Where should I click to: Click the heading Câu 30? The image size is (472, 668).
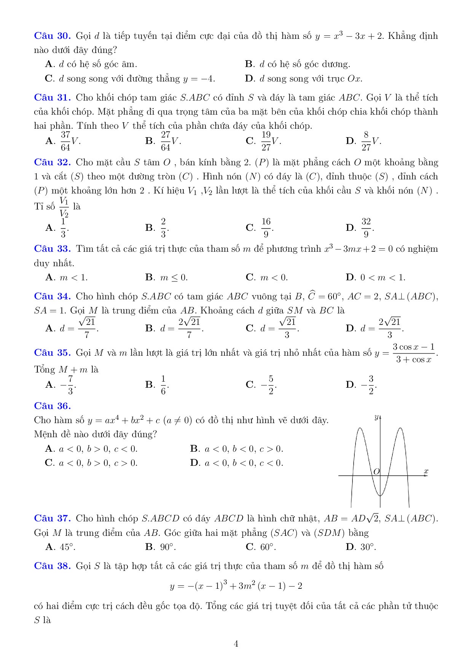[x=52, y=36]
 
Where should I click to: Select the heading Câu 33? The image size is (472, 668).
[x=52, y=249]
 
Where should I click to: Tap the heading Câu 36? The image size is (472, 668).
[x=52, y=406]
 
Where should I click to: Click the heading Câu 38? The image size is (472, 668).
[x=52, y=566]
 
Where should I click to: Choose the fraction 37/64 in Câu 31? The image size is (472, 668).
[x=65, y=141]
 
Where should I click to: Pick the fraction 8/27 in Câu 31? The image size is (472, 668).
[x=366, y=141]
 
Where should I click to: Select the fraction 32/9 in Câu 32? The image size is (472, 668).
[x=366, y=228]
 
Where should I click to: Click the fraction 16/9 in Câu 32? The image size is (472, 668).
[x=266, y=228]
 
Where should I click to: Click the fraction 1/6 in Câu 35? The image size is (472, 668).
[x=163, y=385]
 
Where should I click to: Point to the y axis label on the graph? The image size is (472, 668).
[x=376, y=417]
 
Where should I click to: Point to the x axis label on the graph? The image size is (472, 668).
[x=426, y=471]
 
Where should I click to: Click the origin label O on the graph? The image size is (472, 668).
[x=376, y=471]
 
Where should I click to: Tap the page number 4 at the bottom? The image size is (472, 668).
[x=236, y=644]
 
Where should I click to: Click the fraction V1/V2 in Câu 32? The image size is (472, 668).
[x=64, y=207]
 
